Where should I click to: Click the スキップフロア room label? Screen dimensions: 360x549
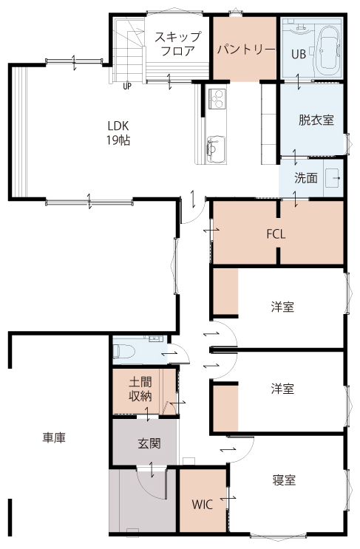[178, 44]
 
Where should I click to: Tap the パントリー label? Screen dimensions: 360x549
[246, 50]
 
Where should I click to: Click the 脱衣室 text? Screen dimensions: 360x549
[316, 120]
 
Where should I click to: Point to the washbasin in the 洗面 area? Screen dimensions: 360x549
[333, 178]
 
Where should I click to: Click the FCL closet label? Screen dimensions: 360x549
[276, 234]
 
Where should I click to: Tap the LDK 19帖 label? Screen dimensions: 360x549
[118, 133]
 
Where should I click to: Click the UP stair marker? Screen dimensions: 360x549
[127, 86]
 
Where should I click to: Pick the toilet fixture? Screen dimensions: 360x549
[123, 351]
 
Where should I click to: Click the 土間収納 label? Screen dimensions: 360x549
[140, 389]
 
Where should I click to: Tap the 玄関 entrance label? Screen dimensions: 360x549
[149, 443]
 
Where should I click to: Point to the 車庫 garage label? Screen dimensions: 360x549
[54, 437]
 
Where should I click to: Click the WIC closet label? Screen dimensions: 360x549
[202, 505]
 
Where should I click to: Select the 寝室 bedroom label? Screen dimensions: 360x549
[284, 480]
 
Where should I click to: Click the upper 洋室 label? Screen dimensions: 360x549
[282, 307]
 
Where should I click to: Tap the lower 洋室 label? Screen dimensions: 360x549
[282, 389]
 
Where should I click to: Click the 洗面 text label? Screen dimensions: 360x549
[306, 178]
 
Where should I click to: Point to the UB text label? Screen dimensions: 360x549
[299, 54]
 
